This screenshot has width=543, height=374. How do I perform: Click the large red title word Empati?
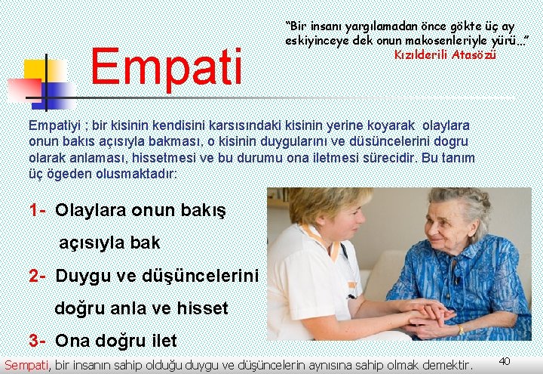pyautogui.click(x=167, y=66)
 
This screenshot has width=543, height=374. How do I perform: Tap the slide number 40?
pyautogui.click(x=505, y=360)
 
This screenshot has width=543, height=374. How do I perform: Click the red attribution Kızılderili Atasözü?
pyautogui.click(x=445, y=54)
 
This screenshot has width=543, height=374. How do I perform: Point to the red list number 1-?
pyautogui.click(x=39, y=209)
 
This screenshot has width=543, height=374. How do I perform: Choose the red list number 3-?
pyautogui.click(x=39, y=340)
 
